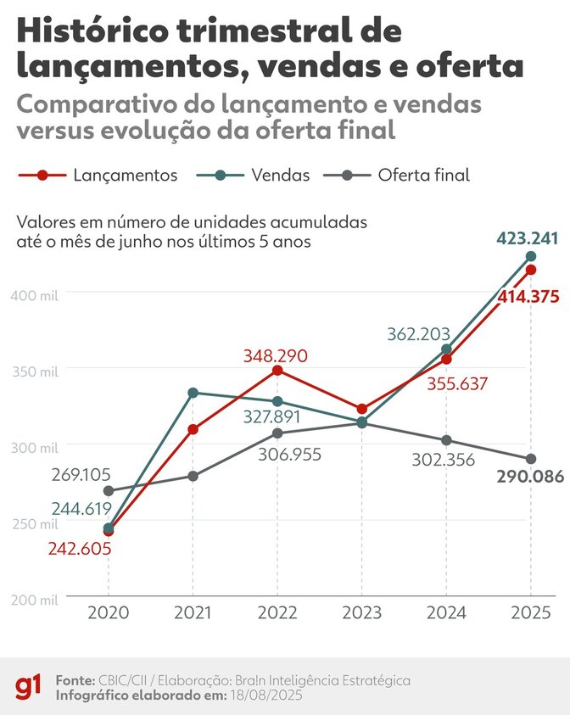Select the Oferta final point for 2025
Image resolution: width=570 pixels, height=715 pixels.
(531, 459)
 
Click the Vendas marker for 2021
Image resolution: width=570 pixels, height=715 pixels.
(193, 393)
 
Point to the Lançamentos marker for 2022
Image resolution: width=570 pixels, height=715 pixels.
(277, 371)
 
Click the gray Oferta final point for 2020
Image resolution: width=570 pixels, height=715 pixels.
(109, 491)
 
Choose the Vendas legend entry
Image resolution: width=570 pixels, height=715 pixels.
(252, 176)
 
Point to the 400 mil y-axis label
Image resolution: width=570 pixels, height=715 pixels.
(35, 294)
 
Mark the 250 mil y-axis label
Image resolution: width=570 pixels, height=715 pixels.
(35, 524)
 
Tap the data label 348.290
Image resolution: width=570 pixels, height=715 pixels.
(277, 355)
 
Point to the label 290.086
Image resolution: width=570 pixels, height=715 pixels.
(530, 477)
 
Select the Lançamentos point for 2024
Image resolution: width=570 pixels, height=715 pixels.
(446, 359)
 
